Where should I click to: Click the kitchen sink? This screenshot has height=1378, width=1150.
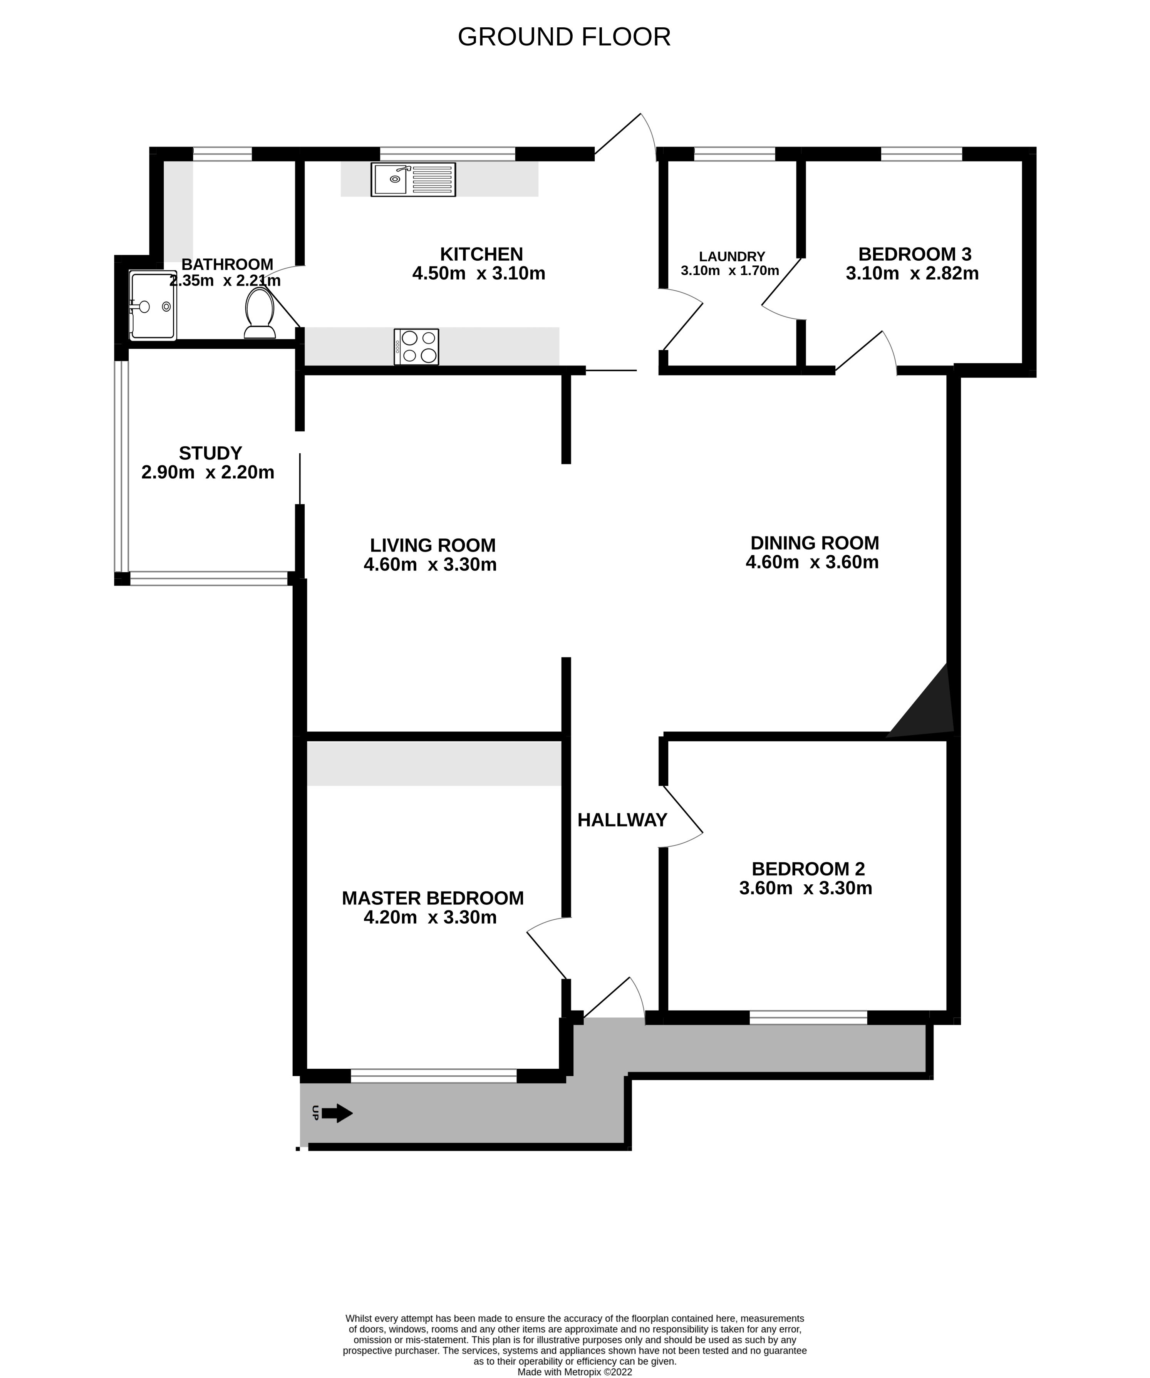click(x=413, y=179)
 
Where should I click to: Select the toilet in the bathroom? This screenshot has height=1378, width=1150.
click(x=260, y=313)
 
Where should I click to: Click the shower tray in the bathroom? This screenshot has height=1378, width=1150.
click(x=153, y=306)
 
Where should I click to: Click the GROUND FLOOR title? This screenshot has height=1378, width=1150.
click(x=564, y=37)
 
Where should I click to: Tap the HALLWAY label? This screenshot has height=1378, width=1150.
click(x=622, y=820)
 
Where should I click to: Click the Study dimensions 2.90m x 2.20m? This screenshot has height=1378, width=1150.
click(x=208, y=473)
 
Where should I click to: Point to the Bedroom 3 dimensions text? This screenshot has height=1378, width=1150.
click(x=912, y=273)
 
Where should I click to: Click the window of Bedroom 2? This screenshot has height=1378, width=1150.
click(x=808, y=1017)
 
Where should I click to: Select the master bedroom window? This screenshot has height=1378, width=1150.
click(x=434, y=1076)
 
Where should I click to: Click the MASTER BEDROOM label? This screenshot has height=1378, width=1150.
click(x=433, y=899)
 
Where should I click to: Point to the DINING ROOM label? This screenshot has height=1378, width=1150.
click(x=815, y=543)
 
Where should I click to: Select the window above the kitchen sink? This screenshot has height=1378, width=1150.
click(x=448, y=154)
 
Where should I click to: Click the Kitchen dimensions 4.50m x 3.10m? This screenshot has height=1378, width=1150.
click(x=479, y=273)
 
